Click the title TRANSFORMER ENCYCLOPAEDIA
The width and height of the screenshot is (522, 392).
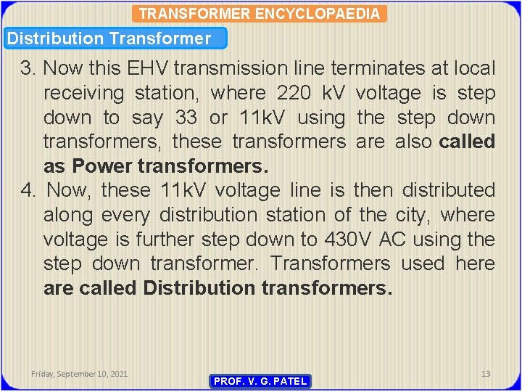pyautogui.click(x=260, y=14)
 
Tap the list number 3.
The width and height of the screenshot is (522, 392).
pyautogui.click(x=28, y=69)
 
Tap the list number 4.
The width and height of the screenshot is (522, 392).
pyautogui.click(x=28, y=191)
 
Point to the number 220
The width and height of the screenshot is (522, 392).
pyautogui.click(x=295, y=94)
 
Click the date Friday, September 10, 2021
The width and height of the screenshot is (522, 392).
pyautogui.click(x=80, y=374)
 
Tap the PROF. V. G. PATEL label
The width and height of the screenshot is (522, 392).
pyautogui.click(x=260, y=381)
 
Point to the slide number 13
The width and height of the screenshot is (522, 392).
pyautogui.click(x=486, y=374)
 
